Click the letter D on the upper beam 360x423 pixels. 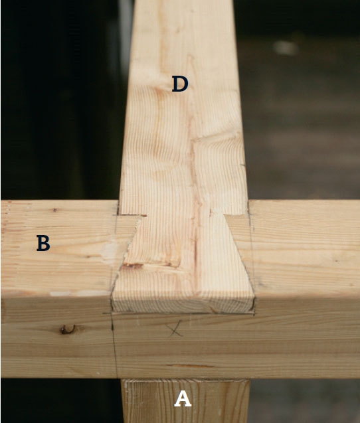(x=180, y=84)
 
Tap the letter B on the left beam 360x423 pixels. (x=43, y=243)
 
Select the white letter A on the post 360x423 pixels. (x=183, y=399)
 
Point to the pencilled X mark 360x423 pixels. (x=174, y=328)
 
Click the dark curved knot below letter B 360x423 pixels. (x=68, y=329)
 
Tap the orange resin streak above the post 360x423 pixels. (x=190, y=366)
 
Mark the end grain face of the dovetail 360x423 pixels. (x=183, y=306)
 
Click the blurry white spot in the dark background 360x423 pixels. (x=286, y=48)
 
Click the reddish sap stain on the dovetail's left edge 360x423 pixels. (x=132, y=266)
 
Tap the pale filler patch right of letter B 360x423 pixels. (x=110, y=251)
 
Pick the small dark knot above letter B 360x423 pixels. (x=55, y=210)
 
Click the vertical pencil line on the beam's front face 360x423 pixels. (x=114, y=345)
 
